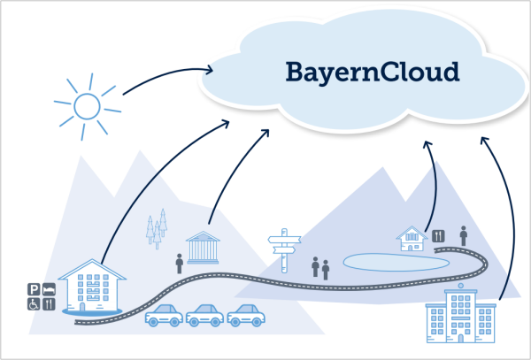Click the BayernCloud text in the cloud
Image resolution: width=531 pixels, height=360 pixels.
coord(373,73)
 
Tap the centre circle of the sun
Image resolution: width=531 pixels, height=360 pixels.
coord(87,106)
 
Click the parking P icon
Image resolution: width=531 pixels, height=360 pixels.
coord(34,289)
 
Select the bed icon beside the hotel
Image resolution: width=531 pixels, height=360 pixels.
coord(49,289)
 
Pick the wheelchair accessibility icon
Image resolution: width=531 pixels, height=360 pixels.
coord(34,304)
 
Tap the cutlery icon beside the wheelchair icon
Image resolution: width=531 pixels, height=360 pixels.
coord(49,304)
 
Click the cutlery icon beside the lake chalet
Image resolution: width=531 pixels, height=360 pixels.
coord(438,236)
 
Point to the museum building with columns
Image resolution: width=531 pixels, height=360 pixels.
coord(203,248)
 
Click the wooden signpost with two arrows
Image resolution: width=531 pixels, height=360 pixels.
coord(284,250)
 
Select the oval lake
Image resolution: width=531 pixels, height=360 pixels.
coord(396,263)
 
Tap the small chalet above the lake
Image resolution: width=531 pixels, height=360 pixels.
coord(412,239)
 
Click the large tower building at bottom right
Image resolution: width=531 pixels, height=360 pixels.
coord(460,314)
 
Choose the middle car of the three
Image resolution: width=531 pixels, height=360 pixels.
coord(204,316)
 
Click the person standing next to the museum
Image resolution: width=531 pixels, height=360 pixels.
coord(180,264)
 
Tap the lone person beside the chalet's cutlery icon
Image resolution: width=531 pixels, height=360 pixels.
coord(464,236)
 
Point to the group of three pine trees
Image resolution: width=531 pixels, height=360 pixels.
coord(157,229)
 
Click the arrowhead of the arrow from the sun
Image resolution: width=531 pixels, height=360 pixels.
coord(209,70)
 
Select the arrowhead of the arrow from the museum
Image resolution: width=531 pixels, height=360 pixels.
coord(265,133)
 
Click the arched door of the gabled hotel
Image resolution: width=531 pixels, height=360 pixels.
coord(82,307)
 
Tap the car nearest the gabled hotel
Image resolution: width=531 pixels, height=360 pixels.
coord(164,316)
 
